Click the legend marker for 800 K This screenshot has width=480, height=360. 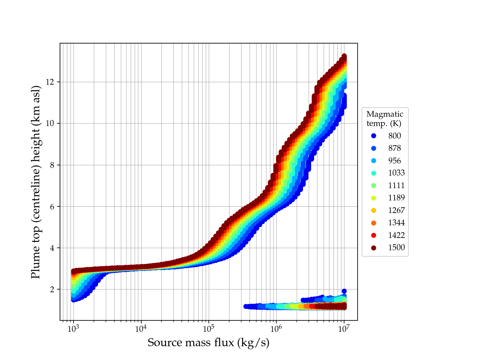tap(373, 136)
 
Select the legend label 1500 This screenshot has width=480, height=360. tap(396, 247)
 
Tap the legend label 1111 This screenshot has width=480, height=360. tap(396, 185)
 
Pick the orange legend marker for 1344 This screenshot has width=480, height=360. tap(373, 223)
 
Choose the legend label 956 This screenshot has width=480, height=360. tap(394, 161)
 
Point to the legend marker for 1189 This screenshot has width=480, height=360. tap(373, 198)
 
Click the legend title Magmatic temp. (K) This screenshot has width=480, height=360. tap(385, 118)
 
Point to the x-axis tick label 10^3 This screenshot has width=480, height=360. tap(73, 329)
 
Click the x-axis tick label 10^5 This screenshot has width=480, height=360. tap(209, 329)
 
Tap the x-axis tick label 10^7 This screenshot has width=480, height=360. tap(344, 329)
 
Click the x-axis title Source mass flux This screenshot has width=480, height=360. tap(208, 343)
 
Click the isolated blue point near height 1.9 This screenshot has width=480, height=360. tap(344, 291)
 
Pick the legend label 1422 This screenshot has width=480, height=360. tap(396, 235)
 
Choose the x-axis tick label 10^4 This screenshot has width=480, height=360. tap(141, 329)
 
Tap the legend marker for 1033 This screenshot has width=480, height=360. tap(373, 173)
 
